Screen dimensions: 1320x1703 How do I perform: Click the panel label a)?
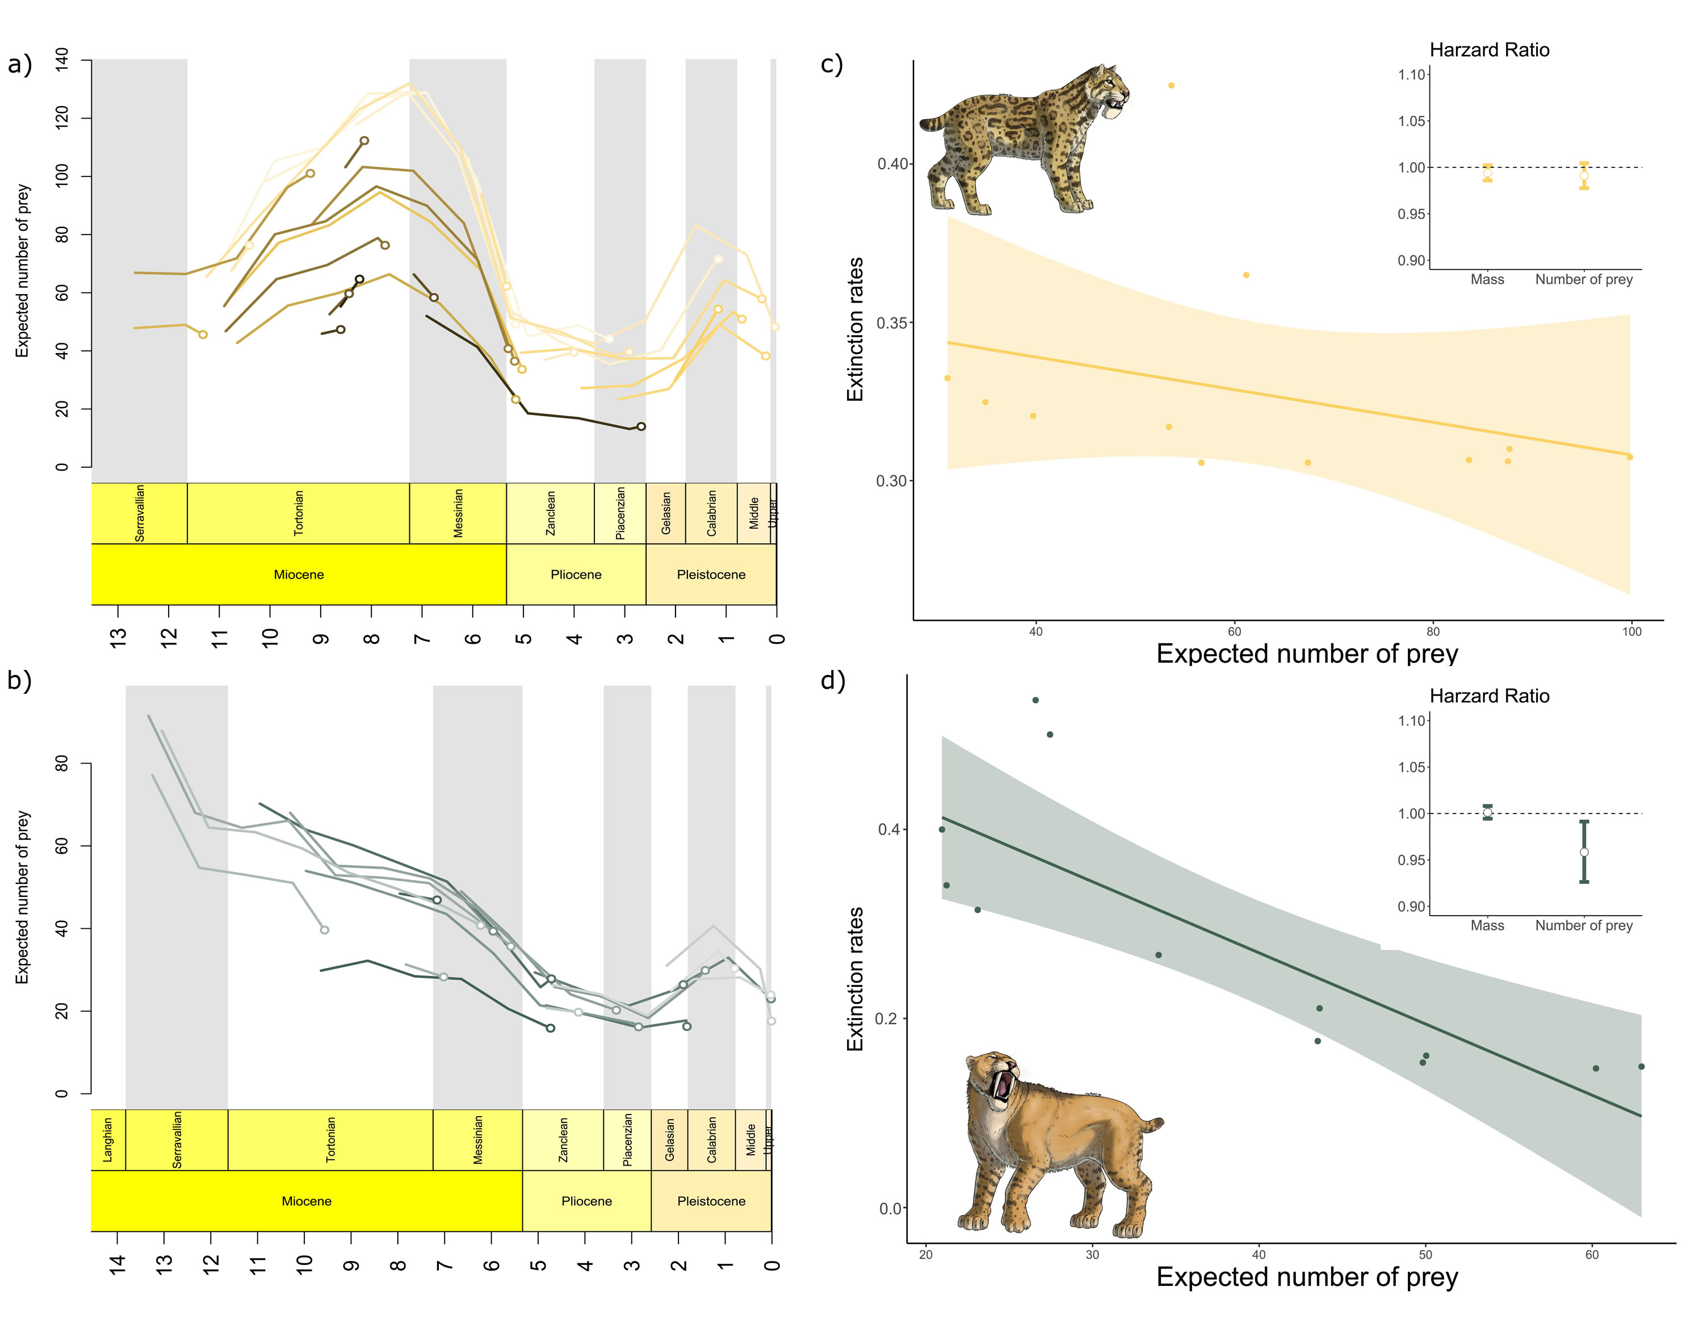20,64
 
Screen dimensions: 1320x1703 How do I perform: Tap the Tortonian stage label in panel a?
299,513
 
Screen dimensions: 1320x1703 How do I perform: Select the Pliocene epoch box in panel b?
586,1201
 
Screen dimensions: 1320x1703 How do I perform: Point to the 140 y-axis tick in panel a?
62,59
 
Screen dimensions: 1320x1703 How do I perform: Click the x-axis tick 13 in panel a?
118,638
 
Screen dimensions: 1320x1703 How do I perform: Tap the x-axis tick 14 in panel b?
117,1264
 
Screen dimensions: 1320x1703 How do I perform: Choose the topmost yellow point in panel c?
1171,86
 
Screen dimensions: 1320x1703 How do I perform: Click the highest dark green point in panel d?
1035,700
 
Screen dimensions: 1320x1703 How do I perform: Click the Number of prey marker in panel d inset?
1584,852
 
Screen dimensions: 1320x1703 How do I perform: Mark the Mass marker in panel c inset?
1488,173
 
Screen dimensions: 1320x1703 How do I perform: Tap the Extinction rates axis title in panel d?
855,978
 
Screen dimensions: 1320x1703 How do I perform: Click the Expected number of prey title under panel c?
1307,653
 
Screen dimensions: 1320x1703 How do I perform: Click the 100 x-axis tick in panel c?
1632,631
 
